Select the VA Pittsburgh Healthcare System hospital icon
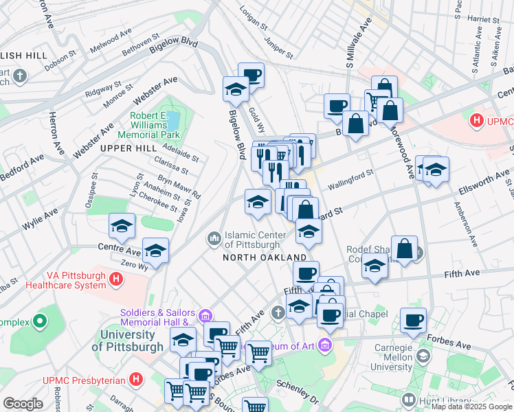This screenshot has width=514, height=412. point(117,279)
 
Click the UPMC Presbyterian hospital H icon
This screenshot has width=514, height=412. point(137,379)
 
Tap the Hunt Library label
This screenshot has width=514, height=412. point(437,399)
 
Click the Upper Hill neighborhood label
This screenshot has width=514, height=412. point(124,148)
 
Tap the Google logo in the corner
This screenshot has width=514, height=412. point(23,404)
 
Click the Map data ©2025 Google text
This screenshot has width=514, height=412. point(471,407)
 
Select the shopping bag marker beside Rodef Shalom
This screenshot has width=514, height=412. point(405,248)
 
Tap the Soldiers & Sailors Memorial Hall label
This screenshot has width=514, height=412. point(157,317)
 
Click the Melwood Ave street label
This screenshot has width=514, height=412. point(111,41)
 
